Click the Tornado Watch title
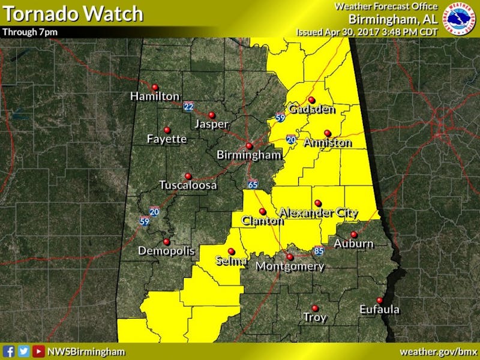click(x=73, y=13)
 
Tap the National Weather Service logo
click(x=457, y=18)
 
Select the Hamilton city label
click(x=155, y=96)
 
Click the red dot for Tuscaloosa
click(x=188, y=176)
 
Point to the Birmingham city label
click(x=249, y=155)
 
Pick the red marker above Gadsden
click(x=311, y=100)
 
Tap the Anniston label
click(x=328, y=143)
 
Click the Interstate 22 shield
click(x=189, y=107)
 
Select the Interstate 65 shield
click(x=253, y=184)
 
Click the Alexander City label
click(x=319, y=212)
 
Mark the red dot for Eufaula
click(x=379, y=301)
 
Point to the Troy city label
click(x=315, y=317)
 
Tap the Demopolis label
click(x=166, y=251)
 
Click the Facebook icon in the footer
click(x=9, y=352)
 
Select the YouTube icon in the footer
click(x=38, y=352)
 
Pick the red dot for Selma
click(x=232, y=251)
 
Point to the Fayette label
click(x=167, y=139)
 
